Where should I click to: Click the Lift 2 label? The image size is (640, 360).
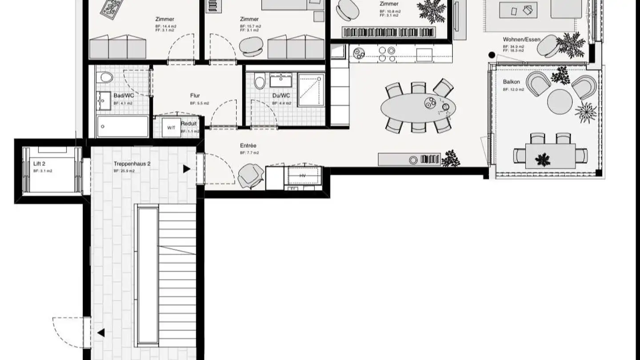pos(40,164)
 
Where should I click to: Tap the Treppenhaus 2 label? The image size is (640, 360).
pos(132,164)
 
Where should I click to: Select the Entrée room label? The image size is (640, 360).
pos(248,146)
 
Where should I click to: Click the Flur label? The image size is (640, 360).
pos(195,96)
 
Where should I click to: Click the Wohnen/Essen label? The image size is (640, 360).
pos(521,40)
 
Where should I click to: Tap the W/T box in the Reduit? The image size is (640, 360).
pos(171,128)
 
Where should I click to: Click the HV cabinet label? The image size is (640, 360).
pos(303,176)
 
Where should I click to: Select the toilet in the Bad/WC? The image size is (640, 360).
pos(106,78)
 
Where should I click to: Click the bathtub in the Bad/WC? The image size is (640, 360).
pos(123,127)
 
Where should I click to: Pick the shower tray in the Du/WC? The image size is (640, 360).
pos(311,90)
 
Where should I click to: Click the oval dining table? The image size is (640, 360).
pos(418,107)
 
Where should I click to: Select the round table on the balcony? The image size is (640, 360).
pos(560,102)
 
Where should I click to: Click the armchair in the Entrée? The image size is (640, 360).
pos(251,175)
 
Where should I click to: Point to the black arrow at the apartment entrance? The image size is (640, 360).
pos(187,169)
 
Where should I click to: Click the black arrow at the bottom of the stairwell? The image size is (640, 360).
pos(101,332)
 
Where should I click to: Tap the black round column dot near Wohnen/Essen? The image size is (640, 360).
pos(492,55)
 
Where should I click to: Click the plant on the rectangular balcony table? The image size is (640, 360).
pos(543,159)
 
